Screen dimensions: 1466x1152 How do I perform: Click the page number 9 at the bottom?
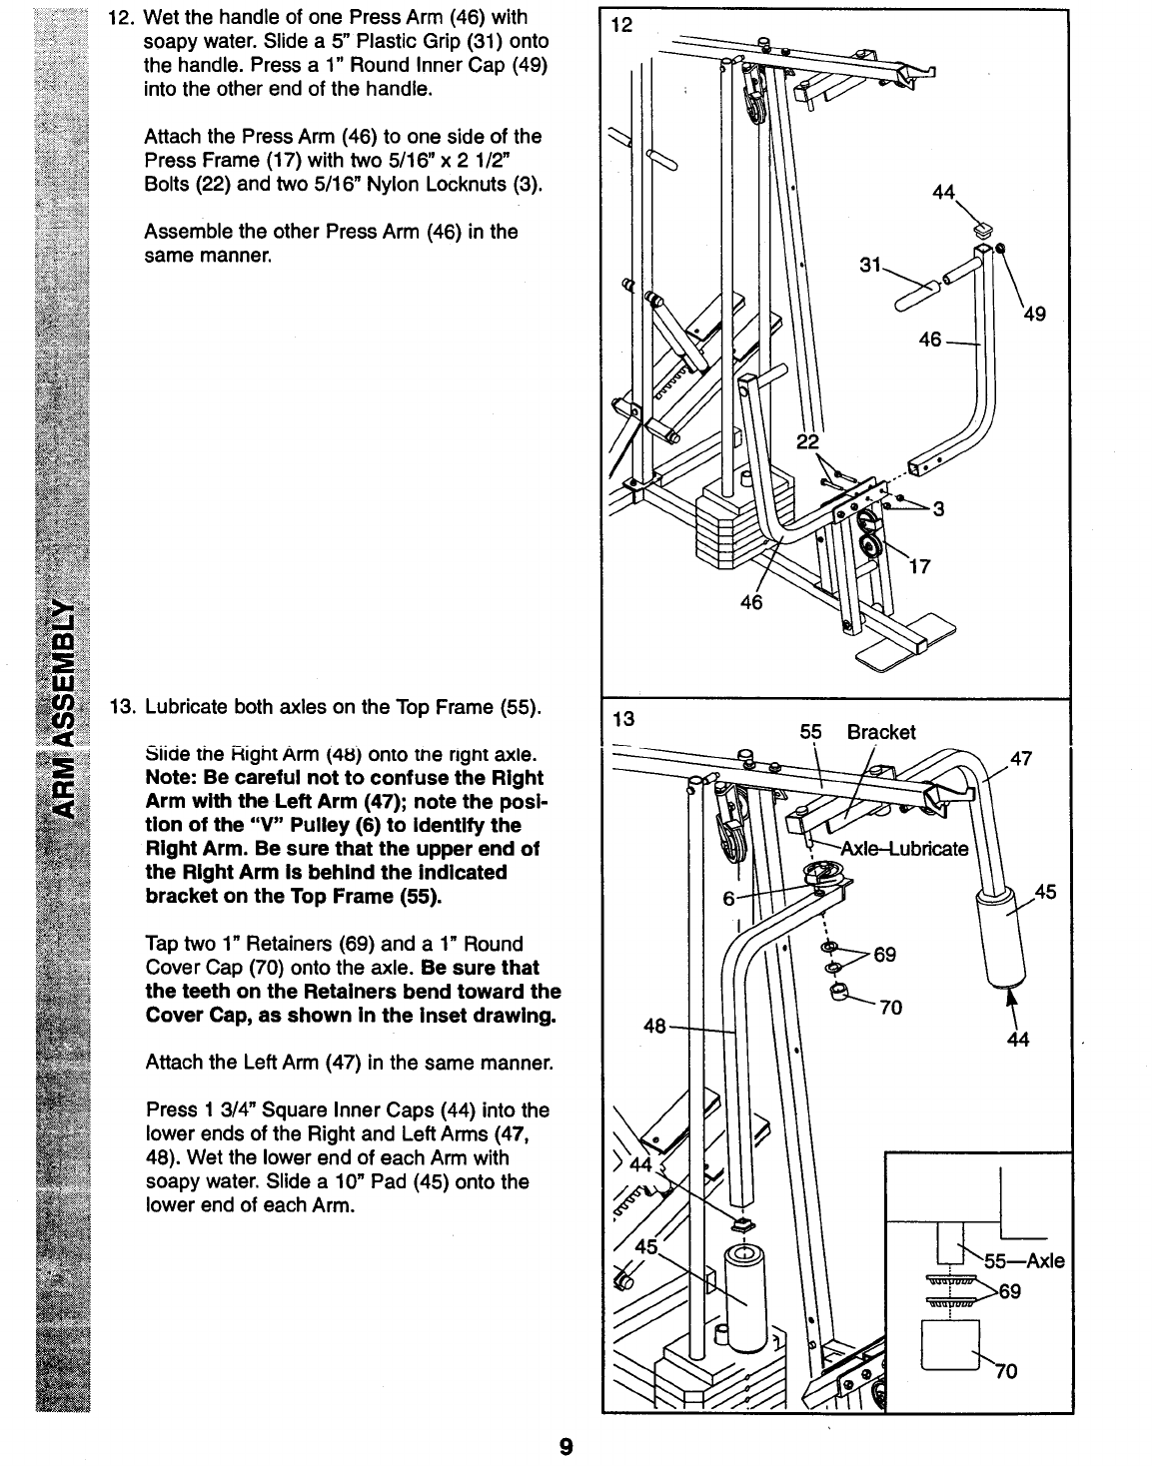pyautogui.click(x=566, y=1445)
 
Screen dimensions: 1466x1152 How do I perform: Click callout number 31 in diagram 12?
pyautogui.click(x=869, y=265)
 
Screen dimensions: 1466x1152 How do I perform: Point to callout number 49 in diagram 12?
pyautogui.click(x=1034, y=315)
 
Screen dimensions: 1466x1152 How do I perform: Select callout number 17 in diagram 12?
pyautogui.click(x=919, y=567)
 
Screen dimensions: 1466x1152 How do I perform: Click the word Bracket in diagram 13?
pyautogui.click(x=880, y=732)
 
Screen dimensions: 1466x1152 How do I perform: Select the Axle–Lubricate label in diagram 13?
pyautogui.click(x=905, y=850)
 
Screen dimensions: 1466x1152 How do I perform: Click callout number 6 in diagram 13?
pyautogui.click(x=728, y=898)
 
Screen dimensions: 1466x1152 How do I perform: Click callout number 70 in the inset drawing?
pyautogui.click(x=1005, y=1370)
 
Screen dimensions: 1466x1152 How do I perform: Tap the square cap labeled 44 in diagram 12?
pyautogui.click(x=983, y=227)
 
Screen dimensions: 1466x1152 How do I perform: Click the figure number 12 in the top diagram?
pyautogui.click(x=621, y=24)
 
